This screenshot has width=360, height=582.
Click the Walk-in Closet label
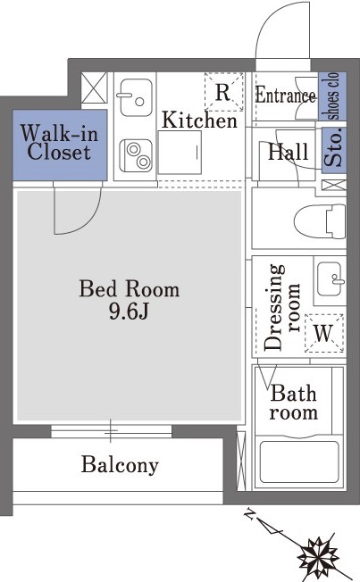click(x=60, y=143)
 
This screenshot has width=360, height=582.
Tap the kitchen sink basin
click(x=136, y=97)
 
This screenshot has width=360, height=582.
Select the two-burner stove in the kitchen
click(x=136, y=156)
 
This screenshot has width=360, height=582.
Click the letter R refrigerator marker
click(x=222, y=93)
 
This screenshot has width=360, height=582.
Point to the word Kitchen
click(x=199, y=121)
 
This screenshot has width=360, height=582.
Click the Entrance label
click(x=285, y=96)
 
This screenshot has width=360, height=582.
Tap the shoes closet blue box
click(x=332, y=96)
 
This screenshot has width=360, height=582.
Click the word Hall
click(x=288, y=152)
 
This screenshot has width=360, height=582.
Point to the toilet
click(x=320, y=221)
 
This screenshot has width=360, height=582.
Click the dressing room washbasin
click(x=330, y=279)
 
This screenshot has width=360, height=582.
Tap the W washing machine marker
click(x=323, y=333)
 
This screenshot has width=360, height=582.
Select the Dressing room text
click(x=282, y=307)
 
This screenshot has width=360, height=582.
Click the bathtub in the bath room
click(x=299, y=461)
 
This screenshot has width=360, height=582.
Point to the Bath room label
click(x=294, y=403)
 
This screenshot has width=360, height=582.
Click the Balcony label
click(x=120, y=465)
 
